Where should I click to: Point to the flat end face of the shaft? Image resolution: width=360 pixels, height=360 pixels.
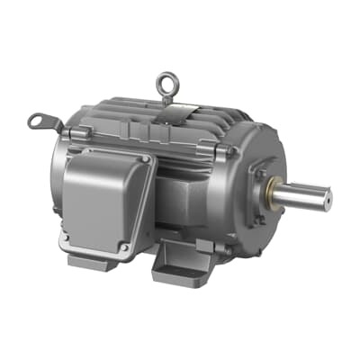pos(325,191)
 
